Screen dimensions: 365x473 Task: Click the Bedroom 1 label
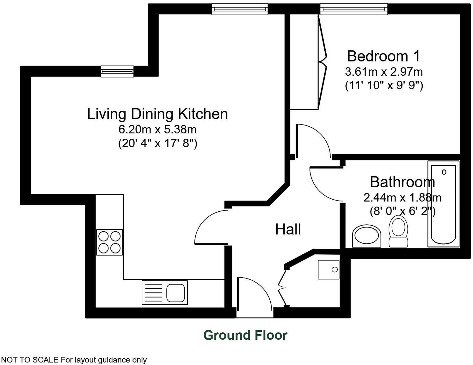(x=384, y=56)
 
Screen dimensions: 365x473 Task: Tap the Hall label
(x=288, y=229)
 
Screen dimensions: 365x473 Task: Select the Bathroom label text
(x=402, y=182)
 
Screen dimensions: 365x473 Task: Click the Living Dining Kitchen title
(x=157, y=114)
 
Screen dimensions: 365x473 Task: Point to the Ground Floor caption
(x=245, y=335)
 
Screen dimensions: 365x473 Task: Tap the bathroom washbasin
(x=366, y=236)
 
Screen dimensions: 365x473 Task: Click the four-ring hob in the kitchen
(x=109, y=242)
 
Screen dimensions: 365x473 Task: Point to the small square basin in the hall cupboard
(x=329, y=270)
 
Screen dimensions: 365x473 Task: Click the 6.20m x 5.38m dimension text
(x=157, y=129)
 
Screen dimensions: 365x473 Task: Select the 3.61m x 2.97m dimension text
(x=384, y=72)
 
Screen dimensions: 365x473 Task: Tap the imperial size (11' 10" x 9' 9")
(x=384, y=86)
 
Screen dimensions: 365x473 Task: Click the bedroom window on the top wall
(x=353, y=9)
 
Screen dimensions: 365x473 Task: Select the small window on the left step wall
(x=117, y=71)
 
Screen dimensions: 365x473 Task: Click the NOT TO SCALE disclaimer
(x=74, y=360)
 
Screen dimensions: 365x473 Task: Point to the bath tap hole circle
(x=444, y=172)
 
